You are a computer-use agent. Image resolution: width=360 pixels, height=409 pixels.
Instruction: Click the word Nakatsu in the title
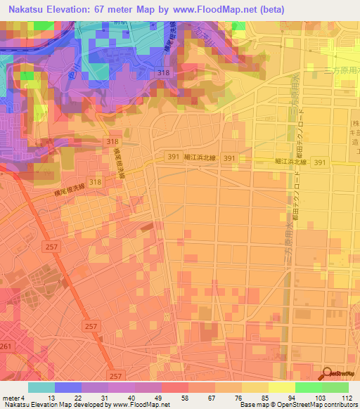[27, 9]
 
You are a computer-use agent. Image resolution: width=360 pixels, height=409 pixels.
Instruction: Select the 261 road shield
[5, 346]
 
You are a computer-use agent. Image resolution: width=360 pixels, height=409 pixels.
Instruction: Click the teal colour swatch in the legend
[41, 387]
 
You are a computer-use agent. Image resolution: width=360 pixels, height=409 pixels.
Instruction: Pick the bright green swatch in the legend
[309, 387]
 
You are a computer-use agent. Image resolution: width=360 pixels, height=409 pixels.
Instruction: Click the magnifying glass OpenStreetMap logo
[328, 375]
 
